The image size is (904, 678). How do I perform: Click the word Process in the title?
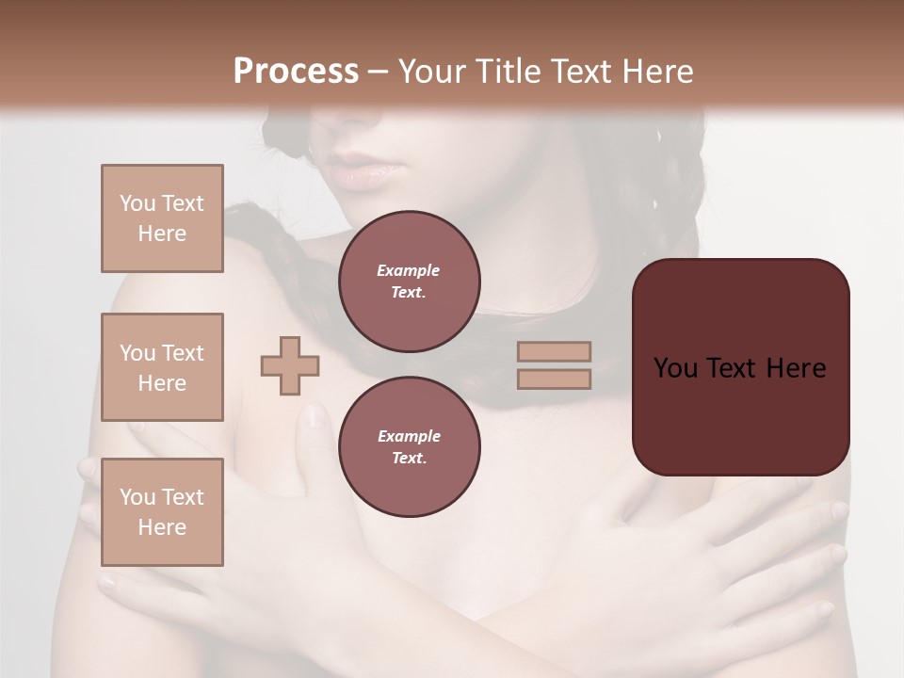296,72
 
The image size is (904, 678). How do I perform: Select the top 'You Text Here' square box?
162,218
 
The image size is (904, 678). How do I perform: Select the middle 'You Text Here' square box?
162,367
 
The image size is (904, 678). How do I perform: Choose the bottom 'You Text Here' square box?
162,512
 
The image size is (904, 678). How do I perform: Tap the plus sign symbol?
290,364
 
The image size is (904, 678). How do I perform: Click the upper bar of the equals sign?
555,351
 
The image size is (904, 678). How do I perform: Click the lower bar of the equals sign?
555,379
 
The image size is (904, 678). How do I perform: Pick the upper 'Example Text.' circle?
409,282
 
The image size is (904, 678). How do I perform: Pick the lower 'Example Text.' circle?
409,447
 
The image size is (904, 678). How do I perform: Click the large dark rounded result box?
740,367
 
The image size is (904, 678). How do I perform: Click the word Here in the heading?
658,72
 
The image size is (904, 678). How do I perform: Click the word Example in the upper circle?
409,270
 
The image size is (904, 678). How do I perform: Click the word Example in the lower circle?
409,436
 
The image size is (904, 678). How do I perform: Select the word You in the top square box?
137,203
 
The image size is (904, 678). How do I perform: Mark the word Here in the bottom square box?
162,527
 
